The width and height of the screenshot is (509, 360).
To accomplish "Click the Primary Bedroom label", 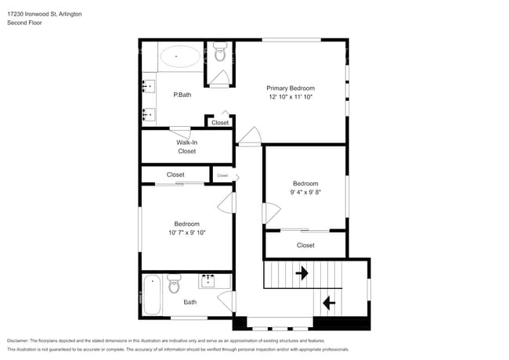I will click(291, 88).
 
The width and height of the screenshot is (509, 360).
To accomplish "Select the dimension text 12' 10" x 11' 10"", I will click(291, 97).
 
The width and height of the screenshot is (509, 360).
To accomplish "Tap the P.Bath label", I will click(182, 95).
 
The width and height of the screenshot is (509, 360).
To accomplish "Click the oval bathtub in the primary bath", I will click(180, 56).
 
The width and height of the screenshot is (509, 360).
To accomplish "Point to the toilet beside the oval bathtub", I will click(219, 54).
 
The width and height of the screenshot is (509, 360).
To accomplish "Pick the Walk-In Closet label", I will click(186, 146).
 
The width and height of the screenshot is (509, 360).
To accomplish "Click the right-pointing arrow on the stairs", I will click(301, 273).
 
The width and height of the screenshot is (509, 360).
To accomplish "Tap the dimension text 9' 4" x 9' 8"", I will click(305, 192).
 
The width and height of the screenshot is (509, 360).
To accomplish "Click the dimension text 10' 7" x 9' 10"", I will click(186, 232).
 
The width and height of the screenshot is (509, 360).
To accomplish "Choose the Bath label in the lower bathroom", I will click(190, 302).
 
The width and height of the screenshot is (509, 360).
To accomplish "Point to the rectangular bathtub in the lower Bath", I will click(151, 294).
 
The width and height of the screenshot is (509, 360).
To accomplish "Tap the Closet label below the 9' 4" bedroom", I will click(305, 245).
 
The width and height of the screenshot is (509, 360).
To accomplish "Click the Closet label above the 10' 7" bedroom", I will click(175, 175).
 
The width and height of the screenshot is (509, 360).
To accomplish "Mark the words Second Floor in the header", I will click(24, 23).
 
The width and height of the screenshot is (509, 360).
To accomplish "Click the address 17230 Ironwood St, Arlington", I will click(44, 14).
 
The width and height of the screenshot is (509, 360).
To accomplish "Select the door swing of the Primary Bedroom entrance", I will click(249, 138).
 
